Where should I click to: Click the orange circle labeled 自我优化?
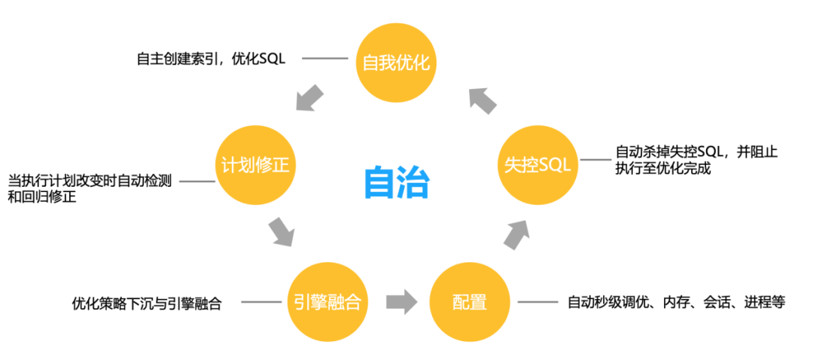point(396,62)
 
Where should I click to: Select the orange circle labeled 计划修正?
point(255,165)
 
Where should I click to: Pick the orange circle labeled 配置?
point(470,302)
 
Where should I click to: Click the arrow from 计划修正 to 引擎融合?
point(280,231)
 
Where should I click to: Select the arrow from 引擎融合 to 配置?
point(401,302)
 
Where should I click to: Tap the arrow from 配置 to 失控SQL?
point(516,234)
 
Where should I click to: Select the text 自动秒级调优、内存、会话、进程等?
point(676,303)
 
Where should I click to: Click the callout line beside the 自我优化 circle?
point(327,58)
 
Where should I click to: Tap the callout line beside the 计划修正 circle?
point(197,182)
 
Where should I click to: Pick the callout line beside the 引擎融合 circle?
point(261,303)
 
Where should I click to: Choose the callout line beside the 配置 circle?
point(537,302)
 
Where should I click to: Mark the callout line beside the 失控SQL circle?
point(594,159)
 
